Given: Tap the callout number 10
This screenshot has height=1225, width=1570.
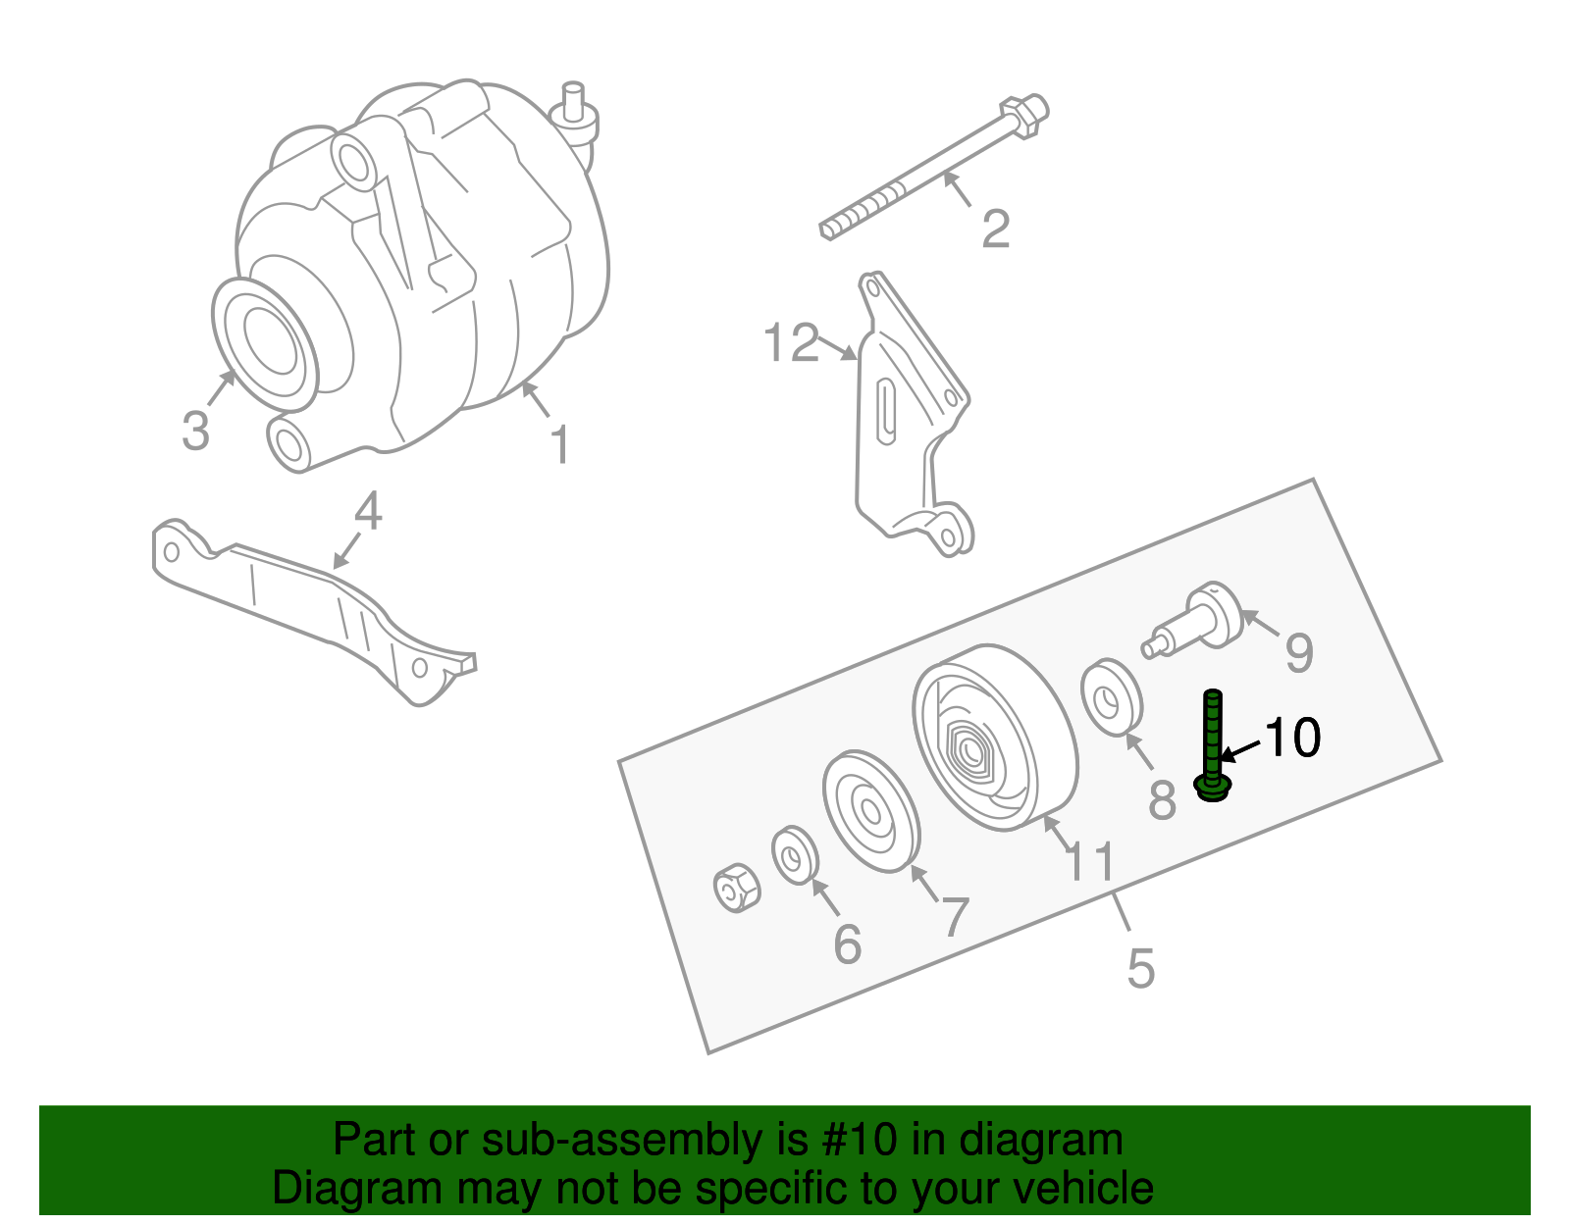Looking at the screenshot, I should coord(1292,738).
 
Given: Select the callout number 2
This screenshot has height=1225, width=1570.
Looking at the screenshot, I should coord(995,229).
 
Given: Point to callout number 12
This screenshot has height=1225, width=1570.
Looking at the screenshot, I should coord(791,343).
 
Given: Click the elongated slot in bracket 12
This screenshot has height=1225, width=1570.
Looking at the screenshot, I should coord(886,411).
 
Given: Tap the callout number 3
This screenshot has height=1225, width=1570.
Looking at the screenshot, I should coord(195,431).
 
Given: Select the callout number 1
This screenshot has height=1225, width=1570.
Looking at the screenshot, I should coord(559,445).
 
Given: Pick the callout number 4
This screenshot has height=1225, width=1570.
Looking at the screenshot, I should coord(367,511).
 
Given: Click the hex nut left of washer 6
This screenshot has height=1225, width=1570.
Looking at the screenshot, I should coord(736,888).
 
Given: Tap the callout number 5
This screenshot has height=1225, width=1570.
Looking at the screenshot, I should coord(1140,968).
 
